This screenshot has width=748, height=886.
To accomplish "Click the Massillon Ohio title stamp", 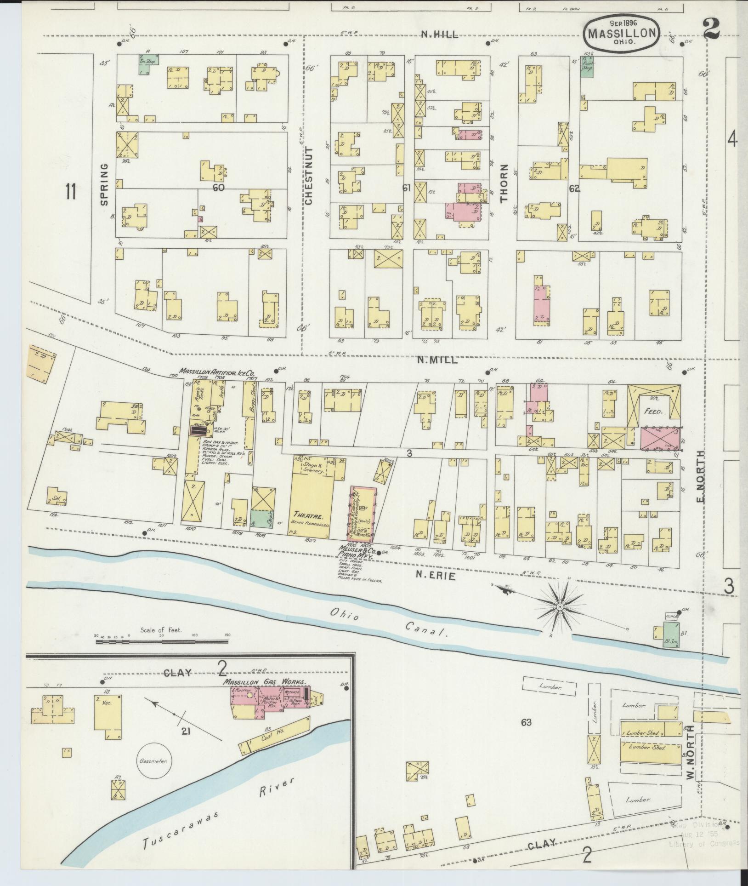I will tap(623, 31).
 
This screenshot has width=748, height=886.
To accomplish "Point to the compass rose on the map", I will tap(560, 607).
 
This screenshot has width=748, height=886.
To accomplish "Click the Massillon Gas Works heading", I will tap(265, 682).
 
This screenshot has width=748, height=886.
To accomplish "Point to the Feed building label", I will tap(654, 412).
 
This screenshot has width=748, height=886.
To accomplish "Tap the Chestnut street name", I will tap(308, 176).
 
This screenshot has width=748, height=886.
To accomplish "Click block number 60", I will tap(218, 188).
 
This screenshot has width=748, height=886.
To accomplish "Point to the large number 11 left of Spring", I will tap(70, 191).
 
